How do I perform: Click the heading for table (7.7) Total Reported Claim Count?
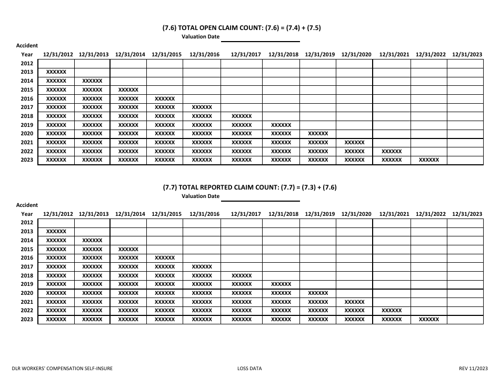point(249,187)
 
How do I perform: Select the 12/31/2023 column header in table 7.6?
point(466,54)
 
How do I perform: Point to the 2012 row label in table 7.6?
point(27,63)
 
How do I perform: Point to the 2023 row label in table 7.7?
point(27,320)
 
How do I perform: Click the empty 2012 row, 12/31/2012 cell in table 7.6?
point(56,63)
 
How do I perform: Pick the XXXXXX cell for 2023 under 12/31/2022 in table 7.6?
point(428,160)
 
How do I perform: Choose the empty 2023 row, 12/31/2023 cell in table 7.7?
point(465,320)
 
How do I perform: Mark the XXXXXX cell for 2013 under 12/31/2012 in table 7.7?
point(56,231)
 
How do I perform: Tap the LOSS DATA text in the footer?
point(249,369)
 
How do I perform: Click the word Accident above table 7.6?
point(27,46)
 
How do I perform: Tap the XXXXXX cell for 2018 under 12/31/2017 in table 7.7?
point(242,275)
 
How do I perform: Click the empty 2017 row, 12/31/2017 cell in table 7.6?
point(242,107)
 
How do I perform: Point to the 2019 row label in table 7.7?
point(27,284)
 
